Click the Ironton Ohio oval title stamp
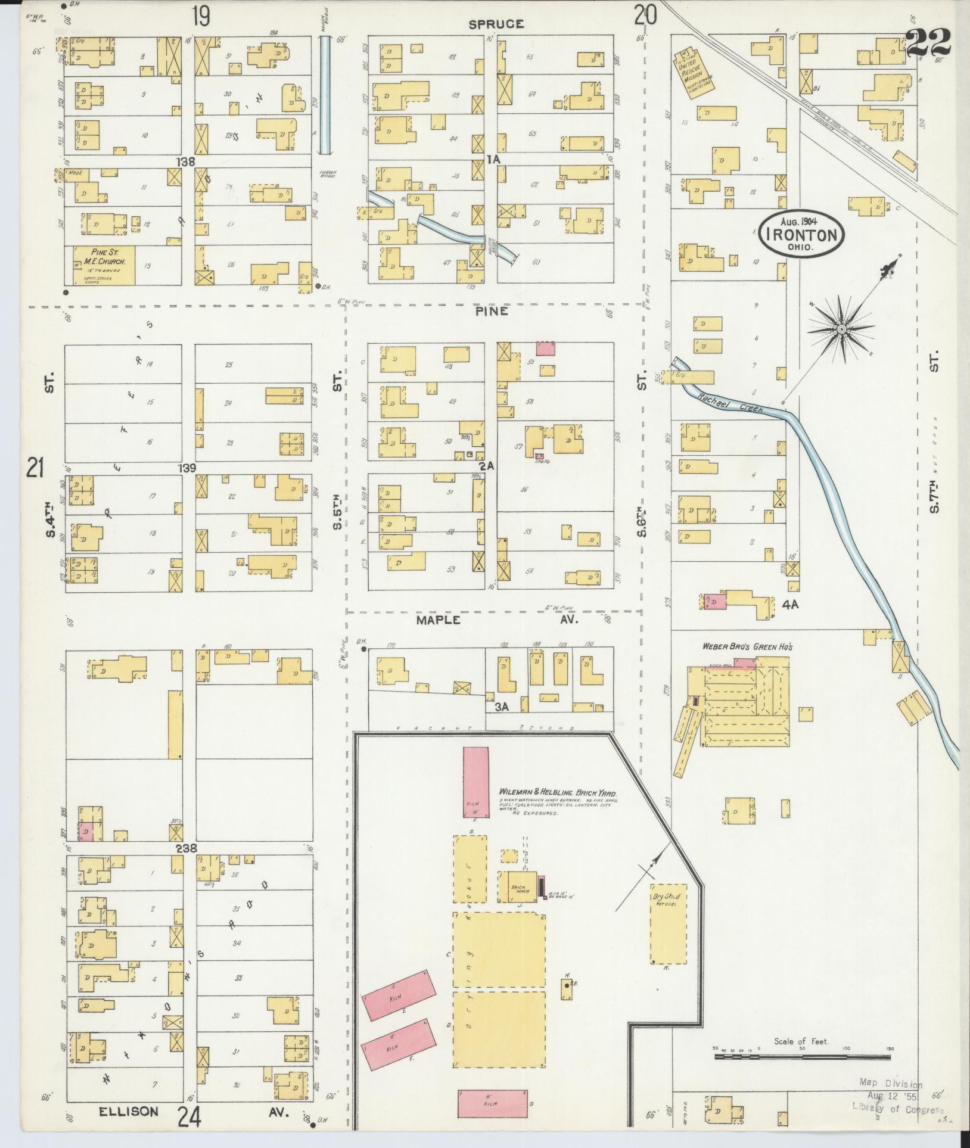(801, 234)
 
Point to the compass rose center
(841, 329)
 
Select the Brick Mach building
(516, 889)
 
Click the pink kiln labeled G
(492, 1103)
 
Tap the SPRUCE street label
(496, 24)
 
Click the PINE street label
(492, 311)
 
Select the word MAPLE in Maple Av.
(438, 620)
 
